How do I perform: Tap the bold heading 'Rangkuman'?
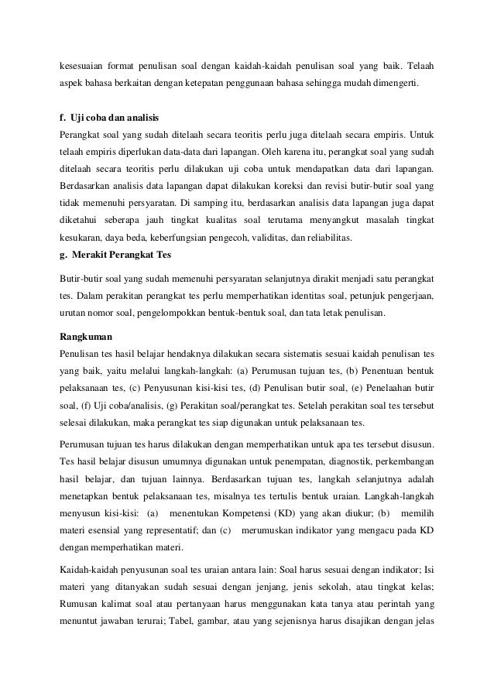click(x=86, y=337)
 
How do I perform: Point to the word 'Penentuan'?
click(x=379, y=369)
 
